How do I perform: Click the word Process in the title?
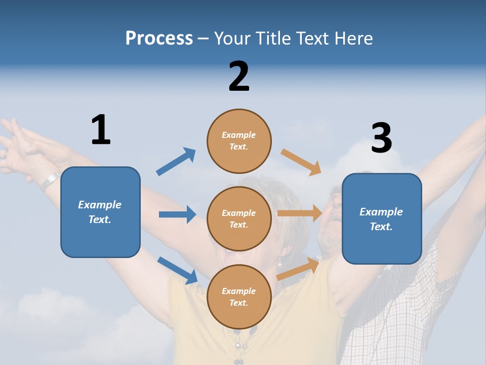159,38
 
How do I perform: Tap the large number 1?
101,130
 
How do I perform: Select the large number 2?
239,77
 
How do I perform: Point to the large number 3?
381,138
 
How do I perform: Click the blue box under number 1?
100,212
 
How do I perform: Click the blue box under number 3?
382,218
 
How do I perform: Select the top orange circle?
239,141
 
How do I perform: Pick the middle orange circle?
239,218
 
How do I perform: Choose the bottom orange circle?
239,297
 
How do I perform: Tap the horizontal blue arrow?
177,214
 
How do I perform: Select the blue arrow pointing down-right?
177,270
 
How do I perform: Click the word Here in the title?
354,38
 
